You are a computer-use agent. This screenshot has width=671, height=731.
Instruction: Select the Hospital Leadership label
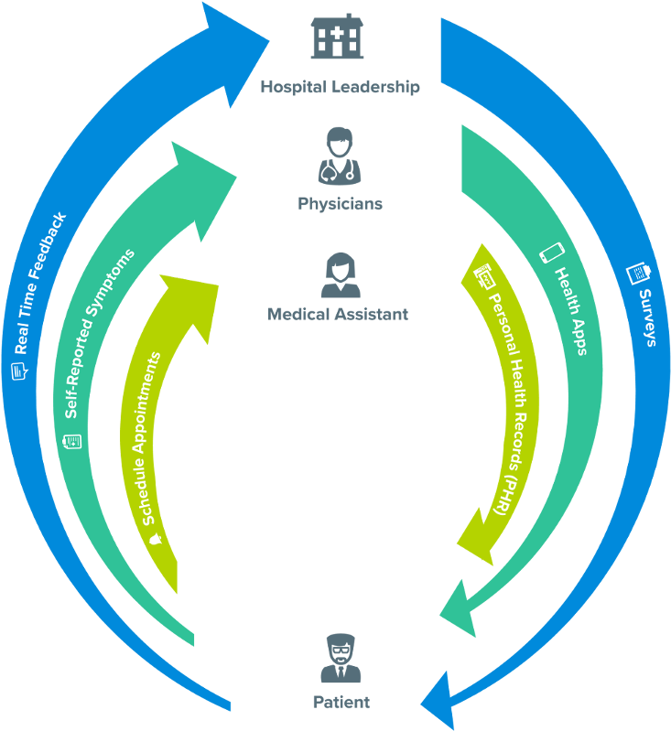point(340,88)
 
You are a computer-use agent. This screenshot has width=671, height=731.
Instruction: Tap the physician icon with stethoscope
point(339,157)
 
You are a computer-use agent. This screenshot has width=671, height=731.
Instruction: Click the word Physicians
point(340,203)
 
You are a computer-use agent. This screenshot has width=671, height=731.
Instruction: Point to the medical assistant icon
point(339,275)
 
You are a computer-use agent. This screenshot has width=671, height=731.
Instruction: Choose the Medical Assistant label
point(338,314)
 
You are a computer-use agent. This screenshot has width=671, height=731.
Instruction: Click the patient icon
point(340,660)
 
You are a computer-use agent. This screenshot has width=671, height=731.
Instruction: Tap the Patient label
point(340,703)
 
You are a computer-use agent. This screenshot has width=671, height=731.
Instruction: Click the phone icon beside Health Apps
point(549,252)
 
